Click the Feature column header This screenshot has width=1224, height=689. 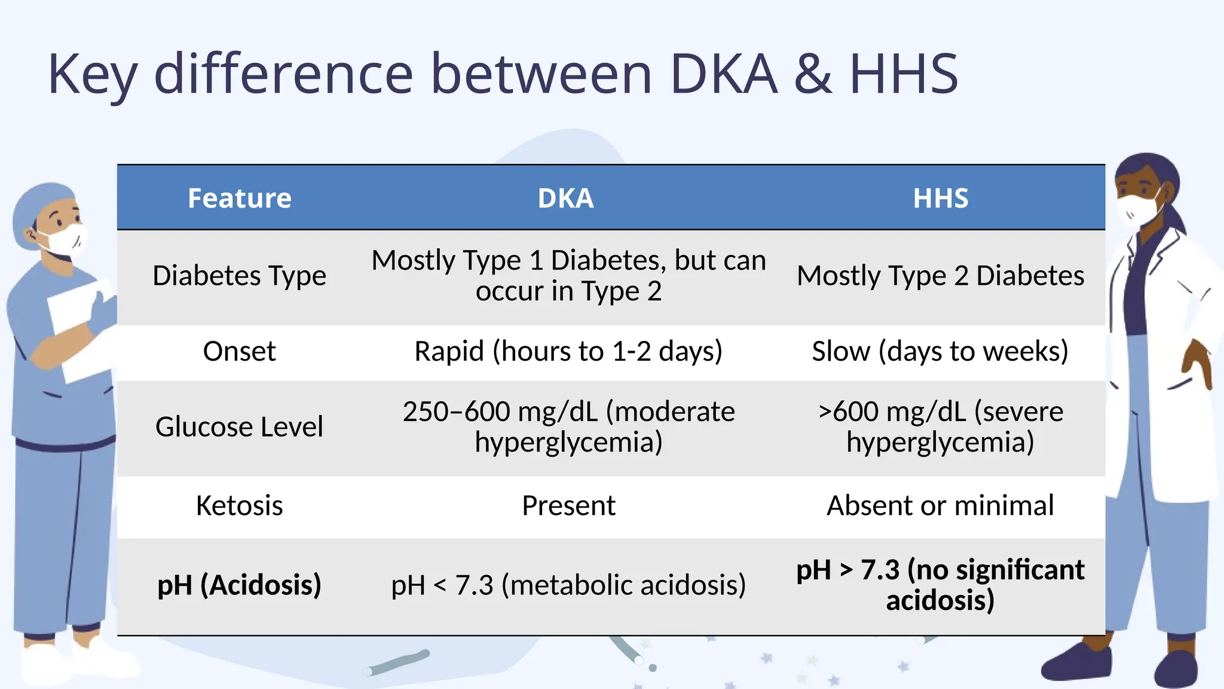coord(239,198)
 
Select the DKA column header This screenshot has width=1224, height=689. coord(565,198)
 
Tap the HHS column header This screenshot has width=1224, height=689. coord(940,198)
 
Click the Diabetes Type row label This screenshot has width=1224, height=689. coord(239,276)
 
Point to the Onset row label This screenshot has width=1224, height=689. coord(239,351)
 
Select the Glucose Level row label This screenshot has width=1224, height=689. coord(239,427)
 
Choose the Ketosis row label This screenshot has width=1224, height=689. coord(239,505)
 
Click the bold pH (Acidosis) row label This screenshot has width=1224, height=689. coord(239,585)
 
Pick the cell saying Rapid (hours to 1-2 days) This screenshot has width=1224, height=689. coord(568,351)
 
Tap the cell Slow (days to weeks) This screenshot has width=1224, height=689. coord(940,351)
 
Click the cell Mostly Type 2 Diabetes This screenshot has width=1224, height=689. coord(940,276)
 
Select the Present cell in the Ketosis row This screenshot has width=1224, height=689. coord(568,505)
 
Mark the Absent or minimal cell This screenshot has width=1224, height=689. coord(940,505)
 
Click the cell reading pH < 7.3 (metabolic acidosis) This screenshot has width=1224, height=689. coord(568,585)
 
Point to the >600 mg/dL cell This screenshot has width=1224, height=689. coord(940,427)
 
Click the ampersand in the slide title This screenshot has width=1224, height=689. coord(813,74)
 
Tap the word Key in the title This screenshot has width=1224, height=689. coord(93,74)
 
